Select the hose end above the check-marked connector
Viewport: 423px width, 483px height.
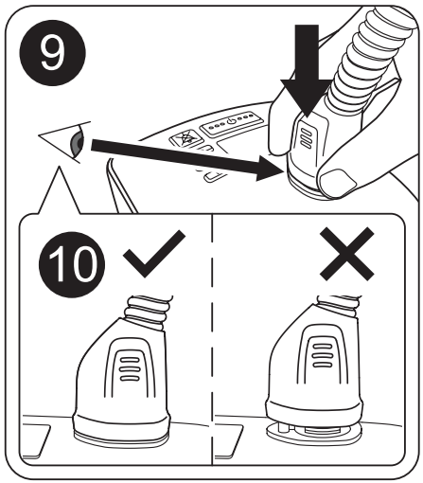[x=146, y=310]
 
